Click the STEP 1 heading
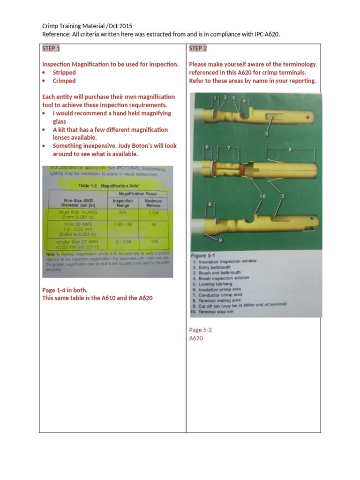(x=51, y=48)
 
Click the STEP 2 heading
(x=198, y=48)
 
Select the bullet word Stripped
(x=64, y=73)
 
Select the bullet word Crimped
(x=64, y=81)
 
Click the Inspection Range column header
(x=123, y=203)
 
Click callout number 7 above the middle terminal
(x=228, y=148)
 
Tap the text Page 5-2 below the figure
(x=200, y=330)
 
